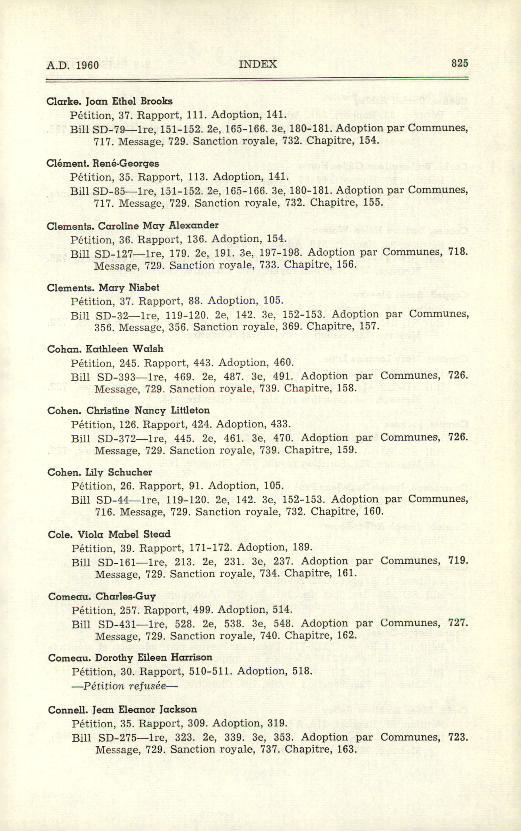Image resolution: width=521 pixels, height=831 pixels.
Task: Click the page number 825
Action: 459,63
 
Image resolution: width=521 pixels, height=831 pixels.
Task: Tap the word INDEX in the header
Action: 258,64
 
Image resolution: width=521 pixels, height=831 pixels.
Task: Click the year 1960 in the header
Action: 87,65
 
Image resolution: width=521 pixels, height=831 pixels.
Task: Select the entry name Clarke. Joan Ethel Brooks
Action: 109,101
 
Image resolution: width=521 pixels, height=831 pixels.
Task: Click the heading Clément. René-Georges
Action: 102,163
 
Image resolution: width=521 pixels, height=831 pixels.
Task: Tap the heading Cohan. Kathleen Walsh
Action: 105,349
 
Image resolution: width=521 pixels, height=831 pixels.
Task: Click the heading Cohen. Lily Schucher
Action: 100,472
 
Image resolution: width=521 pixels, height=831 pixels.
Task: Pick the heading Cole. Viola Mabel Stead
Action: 109,534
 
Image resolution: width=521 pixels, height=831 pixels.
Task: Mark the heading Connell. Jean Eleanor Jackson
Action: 122,710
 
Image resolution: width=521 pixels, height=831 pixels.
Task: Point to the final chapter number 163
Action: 347,749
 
